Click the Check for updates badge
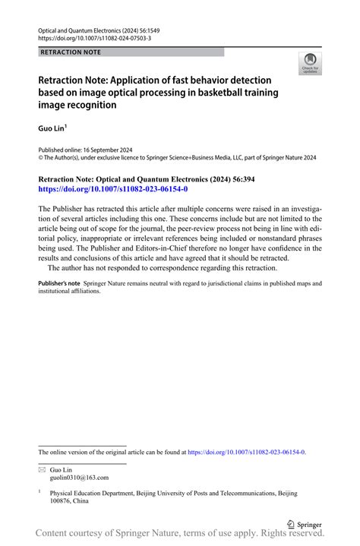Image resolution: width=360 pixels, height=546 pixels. [x=309, y=64]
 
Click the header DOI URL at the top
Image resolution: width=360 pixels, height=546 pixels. [x=94, y=38]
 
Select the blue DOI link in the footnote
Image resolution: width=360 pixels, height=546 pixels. [x=246, y=452]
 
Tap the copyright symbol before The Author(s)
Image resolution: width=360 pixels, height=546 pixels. [x=41, y=158]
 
